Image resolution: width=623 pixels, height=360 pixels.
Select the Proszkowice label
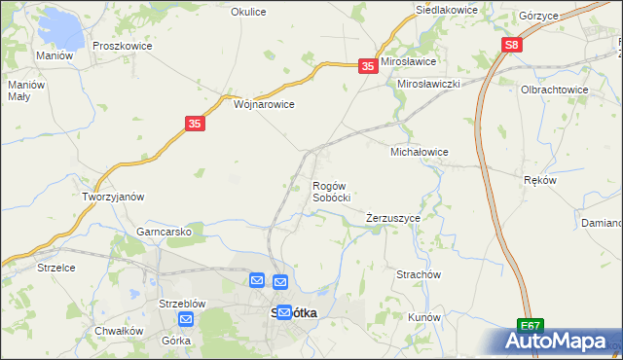pyautogui.click(x=119, y=46)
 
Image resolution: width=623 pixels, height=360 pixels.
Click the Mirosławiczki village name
pyautogui.click(x=428, y=85)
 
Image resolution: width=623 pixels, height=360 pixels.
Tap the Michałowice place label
pyautogui.click(x=419, y=153)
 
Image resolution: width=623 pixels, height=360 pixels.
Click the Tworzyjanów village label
pyautogui.click(x=113, y=196)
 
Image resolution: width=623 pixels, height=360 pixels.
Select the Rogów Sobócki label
pyautogui.click(x=331, y=191)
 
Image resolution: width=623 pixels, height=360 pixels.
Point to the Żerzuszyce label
pyautogui.click(x=393, y=218)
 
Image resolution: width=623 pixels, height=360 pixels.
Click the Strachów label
pyautogui.click(x=420, y=274)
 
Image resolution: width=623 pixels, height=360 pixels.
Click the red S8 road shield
pyautogui.click(x=513, y=46)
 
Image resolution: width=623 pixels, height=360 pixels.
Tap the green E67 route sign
pyautogui.click(x=530, y=326)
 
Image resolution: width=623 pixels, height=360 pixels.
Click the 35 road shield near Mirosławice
pyautogui.click(x=368, y=65)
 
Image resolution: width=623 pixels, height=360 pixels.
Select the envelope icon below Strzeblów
pyautogui.click(x=186, y=319)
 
